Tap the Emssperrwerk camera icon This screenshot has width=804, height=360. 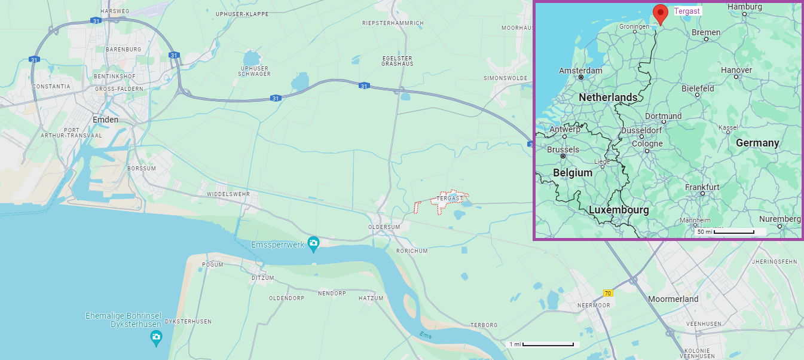(x=313, y=243)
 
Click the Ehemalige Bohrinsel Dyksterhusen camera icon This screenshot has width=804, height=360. (x=156, y=338)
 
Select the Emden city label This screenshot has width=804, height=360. (x=105, y=120)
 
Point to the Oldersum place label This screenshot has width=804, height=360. (x=384, y=227)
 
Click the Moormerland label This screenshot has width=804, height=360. (x=673, y=299)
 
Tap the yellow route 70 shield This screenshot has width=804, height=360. (x=608, y=293)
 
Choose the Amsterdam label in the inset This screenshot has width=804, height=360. (x=580, y=71)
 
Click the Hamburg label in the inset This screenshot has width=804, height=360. (x=744, y=7)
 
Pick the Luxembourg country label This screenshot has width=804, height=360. (x=619, y=210)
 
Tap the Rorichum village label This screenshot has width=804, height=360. (x=412, y=251)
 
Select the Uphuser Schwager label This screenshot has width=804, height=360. (x=255, y=71)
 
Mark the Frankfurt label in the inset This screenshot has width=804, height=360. (x=702, y=187)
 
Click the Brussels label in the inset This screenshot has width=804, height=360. (x=563, y=150)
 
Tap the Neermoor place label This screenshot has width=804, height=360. (x=594, y=305)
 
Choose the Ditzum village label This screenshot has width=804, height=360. (x=263, y=278)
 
